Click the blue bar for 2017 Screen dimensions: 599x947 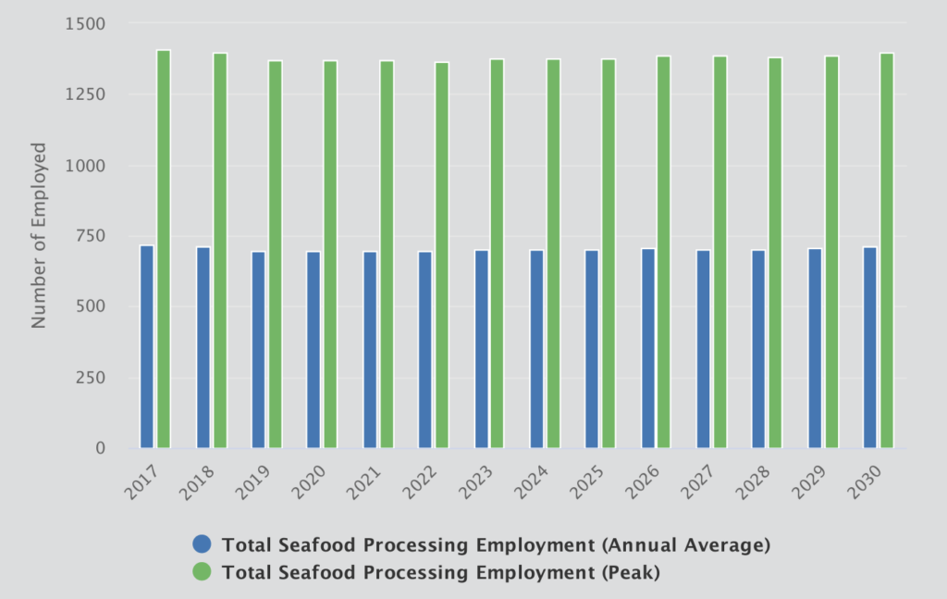tap(146, 347)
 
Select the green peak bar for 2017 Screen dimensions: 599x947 tap(164, 249)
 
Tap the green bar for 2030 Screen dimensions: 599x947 tap(887, 251)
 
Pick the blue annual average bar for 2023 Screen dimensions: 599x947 tap(481, 349)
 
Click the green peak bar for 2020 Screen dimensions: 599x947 tap(330, 255)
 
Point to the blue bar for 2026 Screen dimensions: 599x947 tap(648, 348)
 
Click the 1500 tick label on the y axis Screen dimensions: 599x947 tap(86, 23)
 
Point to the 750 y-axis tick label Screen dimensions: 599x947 tap(92, 236)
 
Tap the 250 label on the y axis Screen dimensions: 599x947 tap(92, 378)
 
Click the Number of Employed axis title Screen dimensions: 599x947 tap(39, 235)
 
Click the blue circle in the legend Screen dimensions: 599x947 tap(202, 544)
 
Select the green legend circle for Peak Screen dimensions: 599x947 tap(202, 573)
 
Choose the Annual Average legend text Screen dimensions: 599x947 tap(496, 544)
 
